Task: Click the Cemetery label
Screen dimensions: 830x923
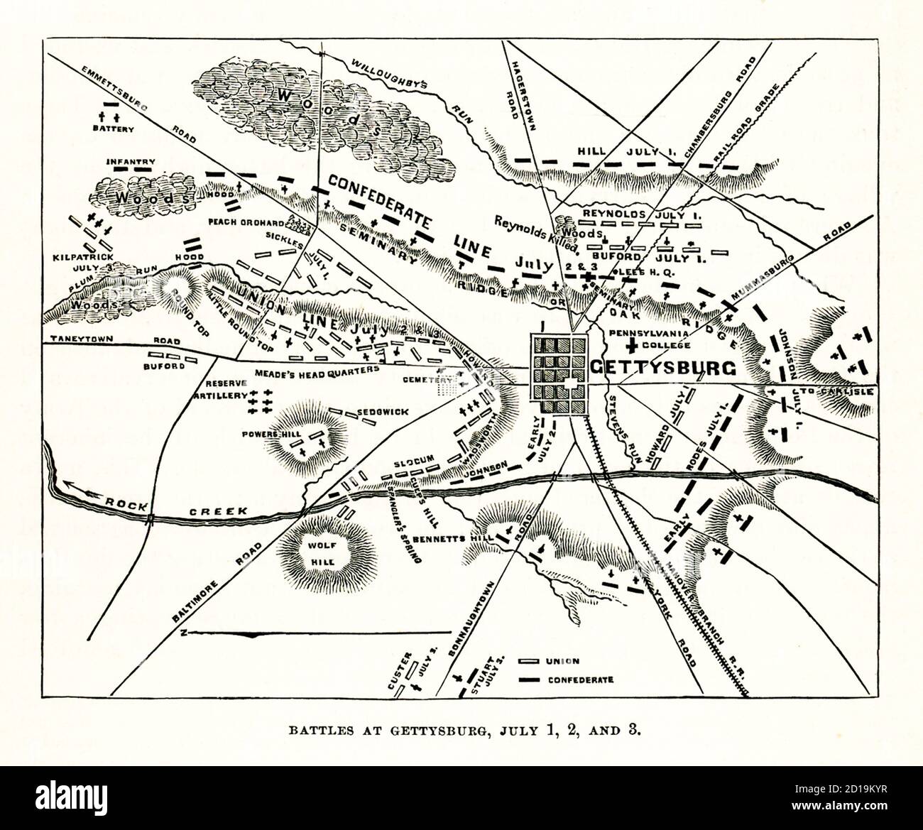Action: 417,380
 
